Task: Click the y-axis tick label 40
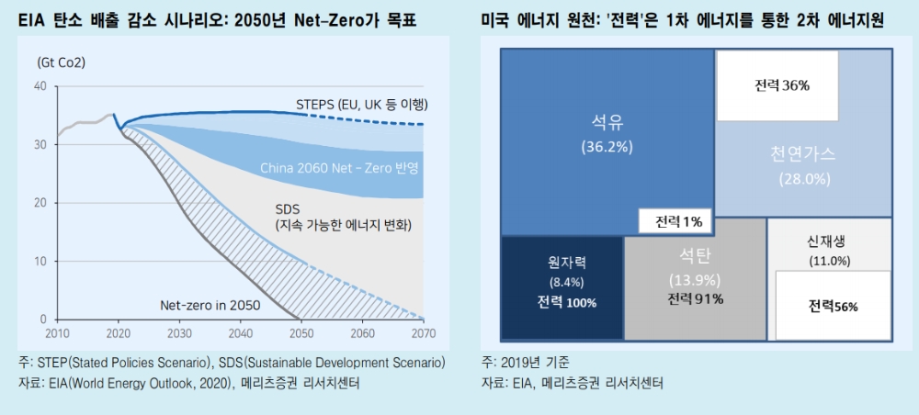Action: pyautogui.click(x=40, y=86)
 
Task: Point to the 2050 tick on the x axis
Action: pyautogui.click(x=302, y=333)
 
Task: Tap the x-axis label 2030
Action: pyautogui.click(x=180, y=333)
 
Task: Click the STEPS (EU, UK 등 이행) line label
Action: pyautogui.click(x=363, y=104)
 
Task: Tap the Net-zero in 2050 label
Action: pyautogui.click(x=210, y=305)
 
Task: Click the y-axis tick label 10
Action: pyautogui.click(x=40, y=262)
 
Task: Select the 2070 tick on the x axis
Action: pyautogui.click(x=424, y=333)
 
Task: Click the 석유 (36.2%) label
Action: pyautogui.click(x=607, y=133)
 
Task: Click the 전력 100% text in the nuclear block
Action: pyautogui.click(x=561, y=302)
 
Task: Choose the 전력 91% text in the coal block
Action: pyautogui.click(x=696, y=298)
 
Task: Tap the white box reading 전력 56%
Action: pyautogui.click(x=833, y=306)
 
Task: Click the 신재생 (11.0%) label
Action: pyautogui.click(x=829, y=251)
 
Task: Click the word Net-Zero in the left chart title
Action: pyautogui.click(x=330, y=19)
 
